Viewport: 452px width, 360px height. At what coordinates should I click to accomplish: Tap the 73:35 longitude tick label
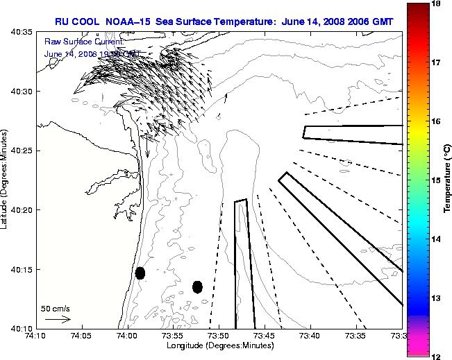coord(356,336)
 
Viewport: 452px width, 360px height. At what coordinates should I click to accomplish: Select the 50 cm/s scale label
coord(55,308)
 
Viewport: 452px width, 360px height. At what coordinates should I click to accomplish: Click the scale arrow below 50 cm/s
coord(58,319)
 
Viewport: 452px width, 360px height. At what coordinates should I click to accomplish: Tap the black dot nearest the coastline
coord(140,273)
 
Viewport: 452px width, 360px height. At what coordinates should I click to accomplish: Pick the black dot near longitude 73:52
coord(197,286)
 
